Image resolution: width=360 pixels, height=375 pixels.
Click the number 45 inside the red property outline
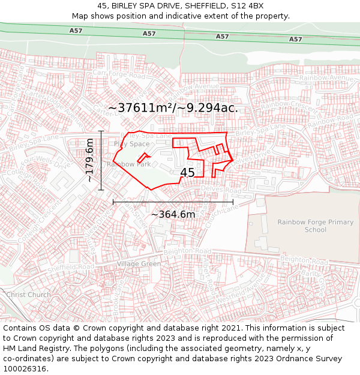[187, 173]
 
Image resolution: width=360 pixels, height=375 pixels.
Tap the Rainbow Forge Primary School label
[315, 226]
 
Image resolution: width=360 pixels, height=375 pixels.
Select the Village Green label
[139, 264]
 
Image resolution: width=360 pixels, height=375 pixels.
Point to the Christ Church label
[28, 295]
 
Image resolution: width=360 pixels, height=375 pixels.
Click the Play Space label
[131, 144]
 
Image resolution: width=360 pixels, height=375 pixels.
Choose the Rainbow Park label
[129, 164]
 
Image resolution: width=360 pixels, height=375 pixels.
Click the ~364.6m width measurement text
[173, 214]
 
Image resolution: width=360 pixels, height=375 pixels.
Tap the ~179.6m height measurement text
[89, 160]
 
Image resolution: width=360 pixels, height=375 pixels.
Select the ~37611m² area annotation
[173, 108]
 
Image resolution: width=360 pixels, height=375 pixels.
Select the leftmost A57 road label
[76, 31]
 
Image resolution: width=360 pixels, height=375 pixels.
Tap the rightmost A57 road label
[295, 39]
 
